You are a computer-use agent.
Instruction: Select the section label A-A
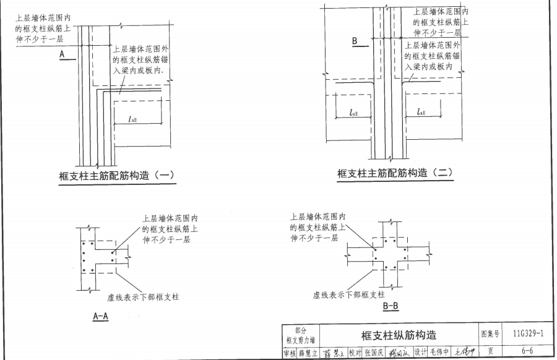pos(101,316)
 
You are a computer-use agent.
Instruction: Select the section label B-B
pos(391,306)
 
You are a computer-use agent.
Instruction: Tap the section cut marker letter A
pos(63,54)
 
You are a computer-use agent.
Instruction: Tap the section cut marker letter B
pos(355,41)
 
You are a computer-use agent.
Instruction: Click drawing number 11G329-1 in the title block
pos(529,335)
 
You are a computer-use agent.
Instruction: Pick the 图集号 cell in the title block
pos(490,335)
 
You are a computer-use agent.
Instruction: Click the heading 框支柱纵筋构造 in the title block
pos(399,335)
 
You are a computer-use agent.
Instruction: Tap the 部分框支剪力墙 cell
pos(300,335)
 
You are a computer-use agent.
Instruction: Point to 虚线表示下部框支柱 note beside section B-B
pos(349,295)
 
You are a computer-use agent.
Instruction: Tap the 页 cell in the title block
pos(490,351)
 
